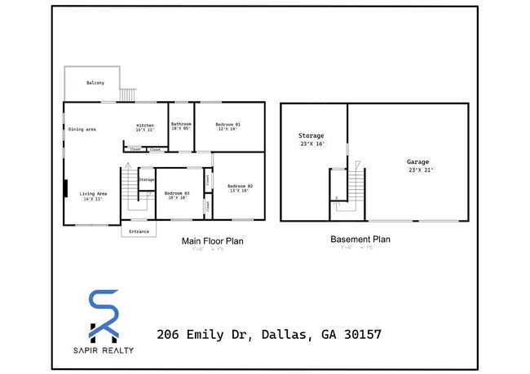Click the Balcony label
[95, 83]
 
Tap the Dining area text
[82, 130]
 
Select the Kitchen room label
[144, 125]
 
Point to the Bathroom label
[180, 124]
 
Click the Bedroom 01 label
[227, 124]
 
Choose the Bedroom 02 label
[240, 186]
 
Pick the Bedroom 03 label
[175, 193]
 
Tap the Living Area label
[92, 193]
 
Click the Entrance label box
[139, 231]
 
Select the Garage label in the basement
[418, 162]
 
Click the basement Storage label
[311, 135]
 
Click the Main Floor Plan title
[211, 241]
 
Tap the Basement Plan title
[360, 240]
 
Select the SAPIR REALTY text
[103, 350]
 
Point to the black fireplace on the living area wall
[66, 189]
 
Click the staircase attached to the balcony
[126, 95]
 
